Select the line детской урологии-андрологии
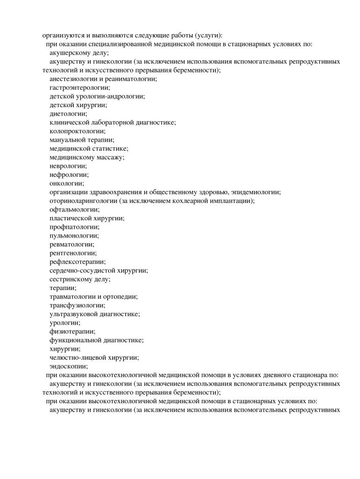tap(97, 96)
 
